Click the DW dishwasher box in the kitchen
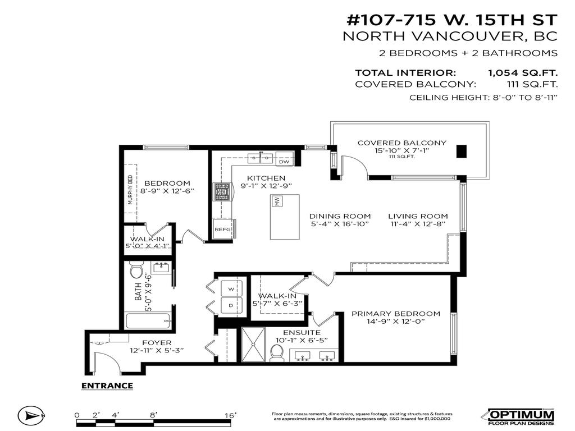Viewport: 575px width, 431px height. point(284,161)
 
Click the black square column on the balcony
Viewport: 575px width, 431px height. point(461,152)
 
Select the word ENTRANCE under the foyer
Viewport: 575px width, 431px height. point(107,386)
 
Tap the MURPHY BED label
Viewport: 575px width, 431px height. point(130,190)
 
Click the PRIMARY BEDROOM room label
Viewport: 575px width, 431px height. point(396,314)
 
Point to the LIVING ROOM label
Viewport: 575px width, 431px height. point(418,216)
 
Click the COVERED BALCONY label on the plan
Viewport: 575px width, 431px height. point(401,143)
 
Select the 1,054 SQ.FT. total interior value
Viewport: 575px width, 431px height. point(523,72)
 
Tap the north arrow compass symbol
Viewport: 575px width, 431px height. point(31,416)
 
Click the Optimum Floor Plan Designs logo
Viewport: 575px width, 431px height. point(519,416)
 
